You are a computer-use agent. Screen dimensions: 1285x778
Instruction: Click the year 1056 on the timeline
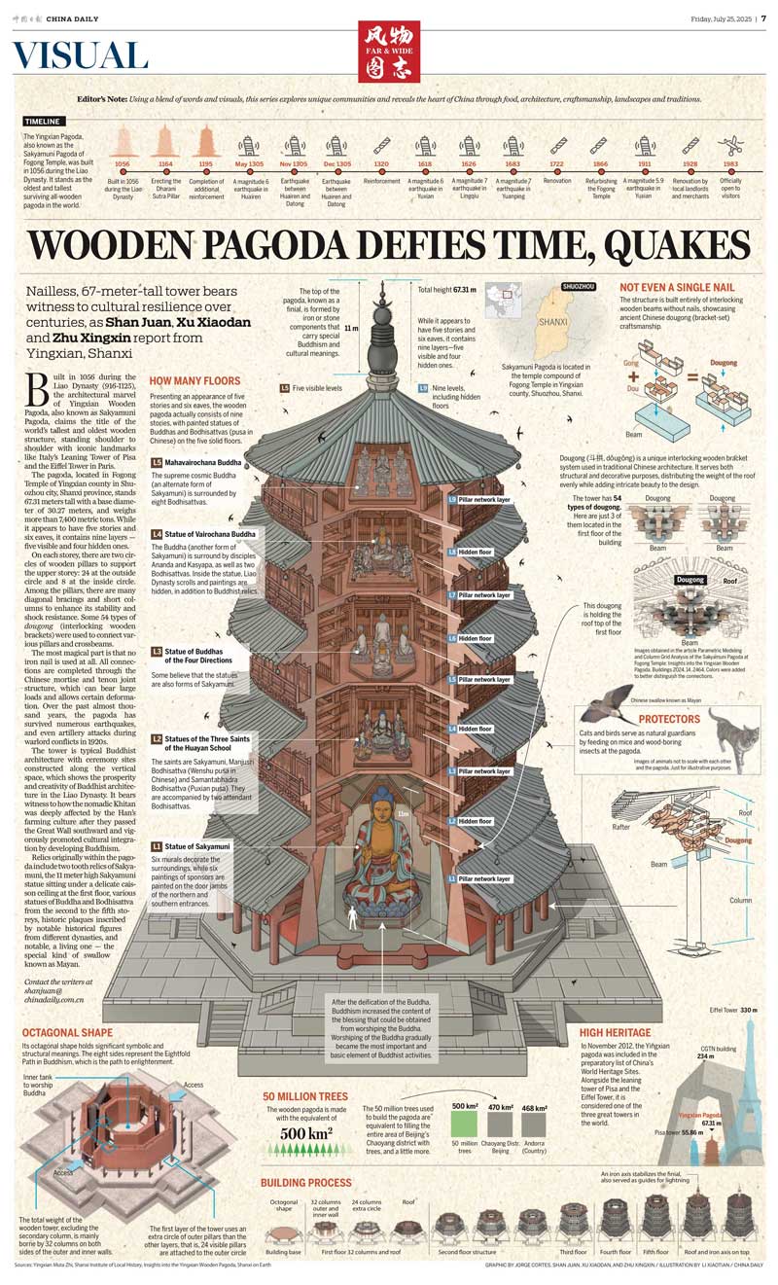pos(122,164)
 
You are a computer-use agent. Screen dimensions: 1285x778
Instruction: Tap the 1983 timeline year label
pos(730,164)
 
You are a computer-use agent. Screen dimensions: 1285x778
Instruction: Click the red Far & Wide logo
pos(389,52)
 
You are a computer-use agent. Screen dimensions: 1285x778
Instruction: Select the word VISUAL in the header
pos(81,56)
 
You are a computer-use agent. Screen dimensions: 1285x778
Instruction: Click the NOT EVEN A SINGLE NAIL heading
pos(677,287)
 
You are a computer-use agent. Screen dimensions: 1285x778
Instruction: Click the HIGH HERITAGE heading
pos(615,1032)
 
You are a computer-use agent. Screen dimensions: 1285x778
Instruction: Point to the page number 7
pos(763,18)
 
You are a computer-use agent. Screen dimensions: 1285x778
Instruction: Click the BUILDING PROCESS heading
pos(305,1183)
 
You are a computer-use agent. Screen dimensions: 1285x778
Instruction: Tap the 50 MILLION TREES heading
pos(305,1095)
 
